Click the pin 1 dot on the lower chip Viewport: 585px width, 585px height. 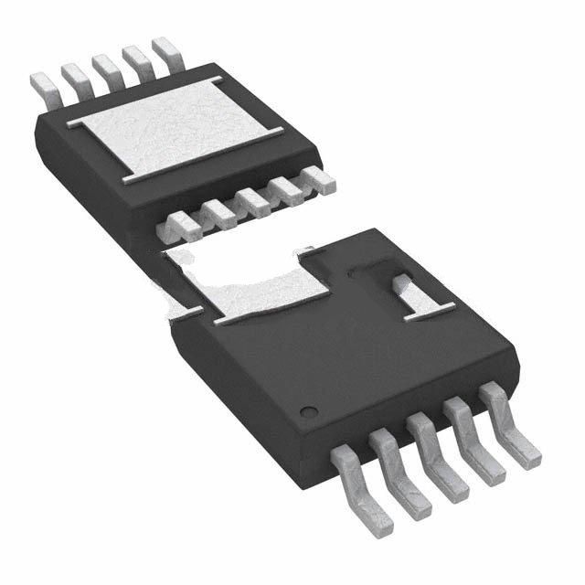click(x=308, y=409)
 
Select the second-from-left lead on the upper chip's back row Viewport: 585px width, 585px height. click(x=76, y=76)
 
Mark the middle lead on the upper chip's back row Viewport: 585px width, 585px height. click(x=107, y=67)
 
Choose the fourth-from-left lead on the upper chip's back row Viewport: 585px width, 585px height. click(x=135, y=58)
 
